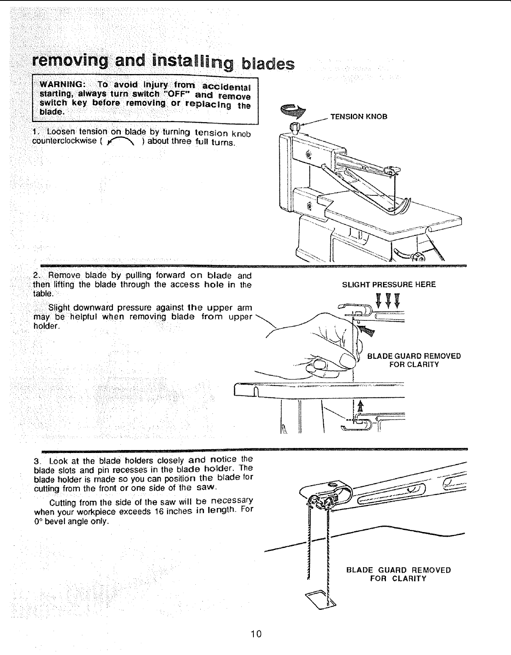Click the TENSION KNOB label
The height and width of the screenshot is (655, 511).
(x=359, y=116)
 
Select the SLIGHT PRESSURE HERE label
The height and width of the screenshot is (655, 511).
(x=389, y=285)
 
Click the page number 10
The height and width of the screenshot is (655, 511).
(x=255, y=634)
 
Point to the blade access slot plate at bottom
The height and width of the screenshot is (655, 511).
(x=322, y=599)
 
